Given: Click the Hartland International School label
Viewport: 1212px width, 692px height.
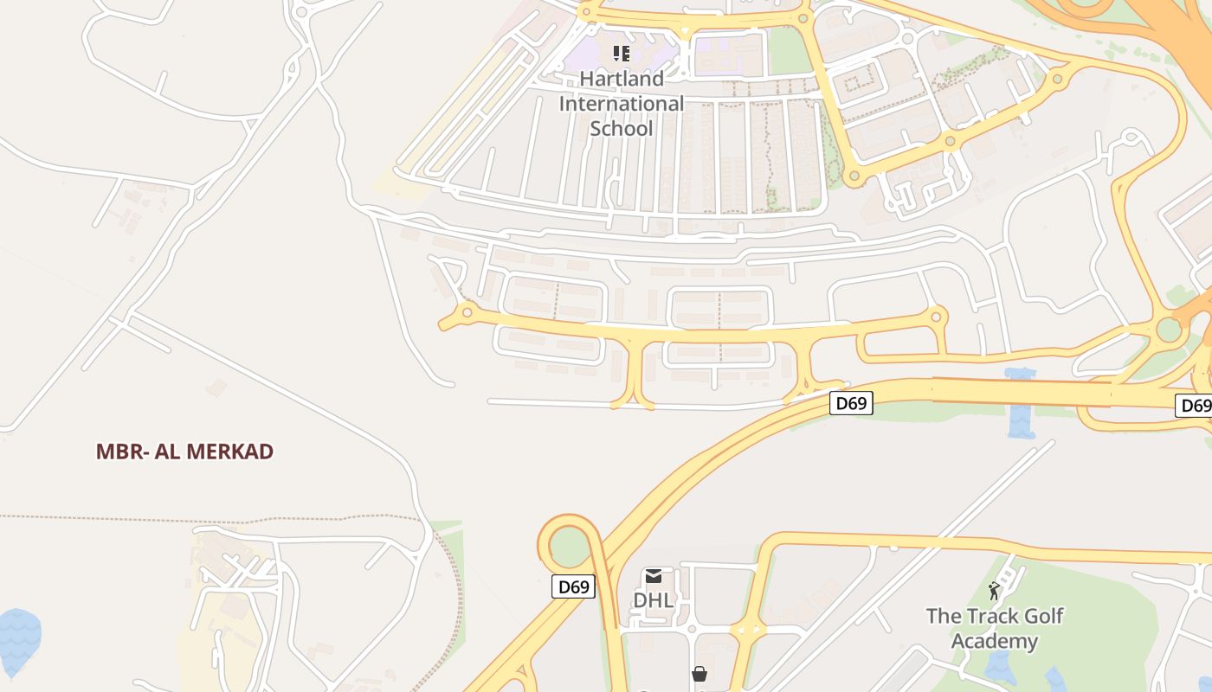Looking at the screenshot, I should (622, 104).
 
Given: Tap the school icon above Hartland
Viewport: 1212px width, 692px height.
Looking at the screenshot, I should (622, 54).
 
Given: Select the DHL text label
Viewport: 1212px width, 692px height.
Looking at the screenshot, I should (654, 599).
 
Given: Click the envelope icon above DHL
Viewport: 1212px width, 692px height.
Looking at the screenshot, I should (654, 576).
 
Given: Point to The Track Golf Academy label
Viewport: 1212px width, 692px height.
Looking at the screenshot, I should (995, 629).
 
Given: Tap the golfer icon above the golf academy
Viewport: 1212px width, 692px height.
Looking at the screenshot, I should (994, 591).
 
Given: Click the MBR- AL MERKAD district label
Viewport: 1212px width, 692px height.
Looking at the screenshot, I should (184, 452).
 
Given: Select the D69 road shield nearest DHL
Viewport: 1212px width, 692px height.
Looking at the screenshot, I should (573, 587).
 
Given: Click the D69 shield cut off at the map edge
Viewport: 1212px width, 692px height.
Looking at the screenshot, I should (1196, 406).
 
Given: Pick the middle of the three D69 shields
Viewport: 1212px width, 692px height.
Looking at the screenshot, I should (851, 403).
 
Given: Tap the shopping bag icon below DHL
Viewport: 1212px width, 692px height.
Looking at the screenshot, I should (699, 674).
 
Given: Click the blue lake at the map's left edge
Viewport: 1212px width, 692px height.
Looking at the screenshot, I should (17, 641).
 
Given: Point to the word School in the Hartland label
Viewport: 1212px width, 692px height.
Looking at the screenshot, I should (622, 129).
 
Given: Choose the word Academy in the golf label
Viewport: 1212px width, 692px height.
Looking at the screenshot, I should (995, 642).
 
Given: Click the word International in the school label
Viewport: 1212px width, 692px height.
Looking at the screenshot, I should (622, 104).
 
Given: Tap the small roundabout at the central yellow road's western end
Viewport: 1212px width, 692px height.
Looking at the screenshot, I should (467, 311).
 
